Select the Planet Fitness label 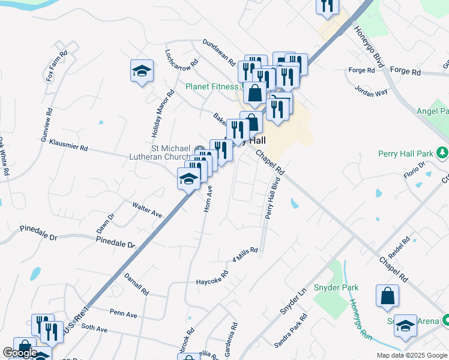tap(212, 86)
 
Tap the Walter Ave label tap(148, 209)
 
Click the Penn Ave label tap(124, 314)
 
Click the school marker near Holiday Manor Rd tap(142, 71)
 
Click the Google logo tap(20, 353)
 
